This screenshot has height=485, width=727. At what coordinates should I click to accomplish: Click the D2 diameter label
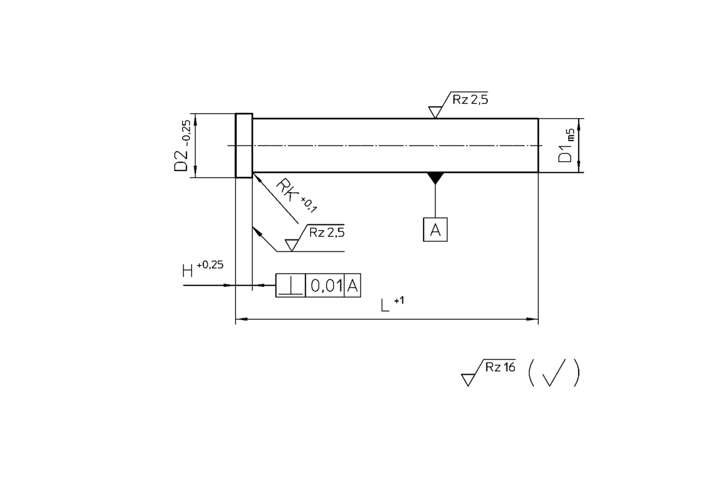[x=181, y=161]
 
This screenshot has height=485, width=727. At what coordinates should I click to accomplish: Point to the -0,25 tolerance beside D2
[x=187, y=133]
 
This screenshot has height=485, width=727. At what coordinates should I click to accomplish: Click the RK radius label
[x=287, y=189]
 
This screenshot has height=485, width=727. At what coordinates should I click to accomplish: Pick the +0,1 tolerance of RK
[x=308, y=205]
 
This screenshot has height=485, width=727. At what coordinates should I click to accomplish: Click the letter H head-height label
[x=188, y=270]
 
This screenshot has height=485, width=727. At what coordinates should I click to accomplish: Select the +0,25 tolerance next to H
[x=210, y=265]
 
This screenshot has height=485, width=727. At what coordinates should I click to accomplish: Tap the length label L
[x=385, y=306]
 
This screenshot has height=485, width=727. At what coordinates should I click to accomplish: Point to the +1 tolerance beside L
[x=399, y=301]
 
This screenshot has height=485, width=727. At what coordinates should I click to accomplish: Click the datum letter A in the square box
[x=435, y=230]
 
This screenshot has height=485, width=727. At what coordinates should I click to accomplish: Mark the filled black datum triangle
[x=435, y=178]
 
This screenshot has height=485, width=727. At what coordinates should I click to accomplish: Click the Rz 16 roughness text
[x=500, y=367]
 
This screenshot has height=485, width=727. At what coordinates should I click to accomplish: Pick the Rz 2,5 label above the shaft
[x=470, y=99]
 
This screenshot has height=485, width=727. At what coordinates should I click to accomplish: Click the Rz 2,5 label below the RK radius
[x=327, y=232]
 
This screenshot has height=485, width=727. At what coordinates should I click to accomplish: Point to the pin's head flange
[x=244, y=145]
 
